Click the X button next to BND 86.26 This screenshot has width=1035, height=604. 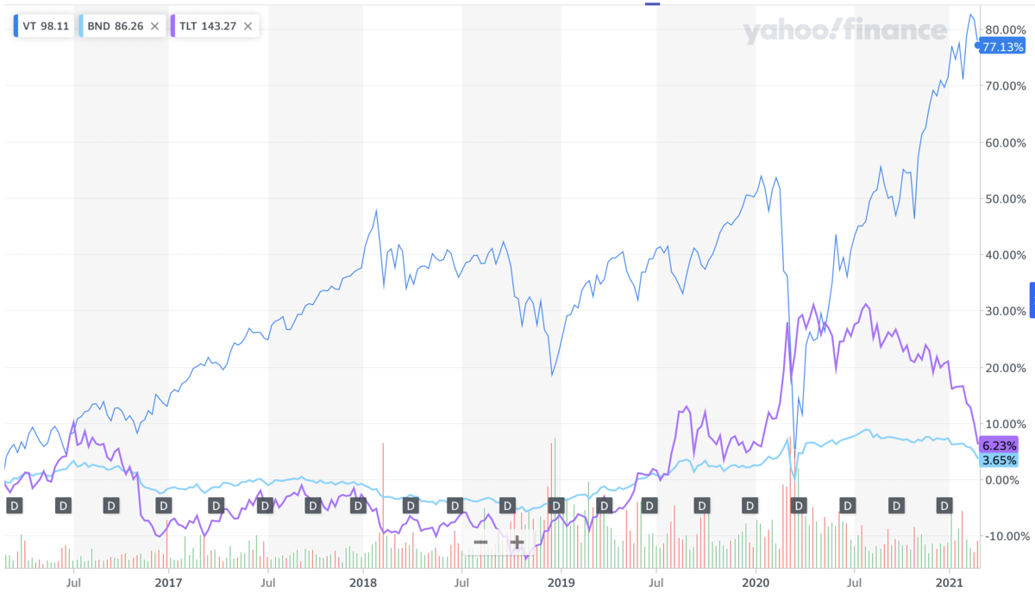(154, 26)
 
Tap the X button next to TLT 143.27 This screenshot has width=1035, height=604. (248, 26)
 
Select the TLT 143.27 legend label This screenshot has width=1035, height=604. (207, 26)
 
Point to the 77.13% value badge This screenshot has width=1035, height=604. (1002, 47)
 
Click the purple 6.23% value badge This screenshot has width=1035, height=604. (1000, 445)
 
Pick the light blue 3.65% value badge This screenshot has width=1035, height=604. (1000, 460)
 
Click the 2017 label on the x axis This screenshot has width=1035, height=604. (168, 582)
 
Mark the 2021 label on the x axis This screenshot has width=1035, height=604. (950, 582)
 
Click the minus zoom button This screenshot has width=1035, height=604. (481, 542)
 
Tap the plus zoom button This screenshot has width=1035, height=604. (517, 542)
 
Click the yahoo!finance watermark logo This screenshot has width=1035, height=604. (845, 32)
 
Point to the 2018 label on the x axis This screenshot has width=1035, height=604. (363, 582)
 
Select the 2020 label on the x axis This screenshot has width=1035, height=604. (756, 582)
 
